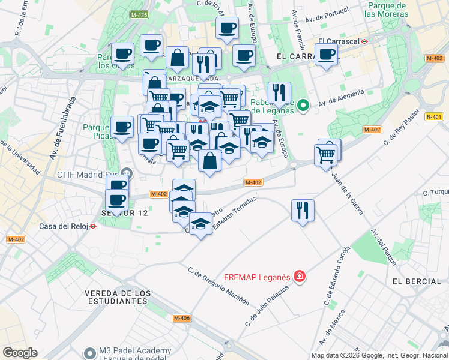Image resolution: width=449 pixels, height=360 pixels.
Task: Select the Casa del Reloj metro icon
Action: click(93, 226)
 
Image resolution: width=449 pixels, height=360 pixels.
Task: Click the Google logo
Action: click(20, 353)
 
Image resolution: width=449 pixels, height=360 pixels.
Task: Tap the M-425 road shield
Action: click(139, 14)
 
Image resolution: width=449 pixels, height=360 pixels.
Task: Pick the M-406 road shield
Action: click(181, 318)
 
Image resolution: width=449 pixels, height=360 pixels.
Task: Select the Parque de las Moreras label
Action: click(386, 9)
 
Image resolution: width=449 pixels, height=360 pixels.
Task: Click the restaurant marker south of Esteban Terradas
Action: click(303, 210)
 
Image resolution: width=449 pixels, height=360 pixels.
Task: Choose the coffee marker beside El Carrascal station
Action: click(326, 55)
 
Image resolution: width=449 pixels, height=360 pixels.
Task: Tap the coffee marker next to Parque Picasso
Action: click(122, 127)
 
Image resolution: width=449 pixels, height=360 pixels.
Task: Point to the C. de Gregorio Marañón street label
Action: click(218, 286)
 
